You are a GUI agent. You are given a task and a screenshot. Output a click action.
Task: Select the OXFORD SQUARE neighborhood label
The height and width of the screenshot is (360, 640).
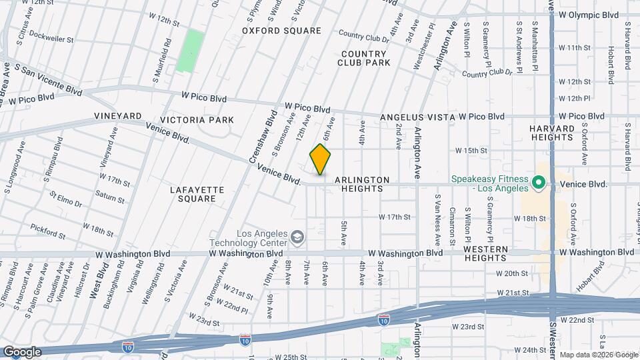coord(281,31)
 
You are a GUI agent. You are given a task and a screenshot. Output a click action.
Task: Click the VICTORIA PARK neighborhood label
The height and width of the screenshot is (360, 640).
coord(201,120)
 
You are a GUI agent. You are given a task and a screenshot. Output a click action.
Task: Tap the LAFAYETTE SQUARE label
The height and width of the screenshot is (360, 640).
coord(197,194)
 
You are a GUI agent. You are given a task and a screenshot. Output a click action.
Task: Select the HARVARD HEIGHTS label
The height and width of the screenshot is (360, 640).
coord(552,133)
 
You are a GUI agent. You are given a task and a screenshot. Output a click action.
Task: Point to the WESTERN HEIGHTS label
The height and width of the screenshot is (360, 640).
coord(485,253)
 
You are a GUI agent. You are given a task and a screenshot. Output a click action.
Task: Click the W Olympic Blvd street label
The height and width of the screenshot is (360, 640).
coord(589,15)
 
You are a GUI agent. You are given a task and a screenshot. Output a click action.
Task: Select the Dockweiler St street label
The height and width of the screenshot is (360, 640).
coord(51,39)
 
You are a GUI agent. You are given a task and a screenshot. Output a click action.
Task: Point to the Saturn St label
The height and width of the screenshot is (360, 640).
coord(110,197)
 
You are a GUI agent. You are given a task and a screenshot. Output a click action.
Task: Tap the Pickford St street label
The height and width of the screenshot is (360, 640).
coord(48,232)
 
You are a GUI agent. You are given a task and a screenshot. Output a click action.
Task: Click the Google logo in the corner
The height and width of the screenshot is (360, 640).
coord(21,352)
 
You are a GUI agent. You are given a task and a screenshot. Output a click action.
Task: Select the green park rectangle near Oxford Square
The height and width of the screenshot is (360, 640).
coord(191,51)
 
